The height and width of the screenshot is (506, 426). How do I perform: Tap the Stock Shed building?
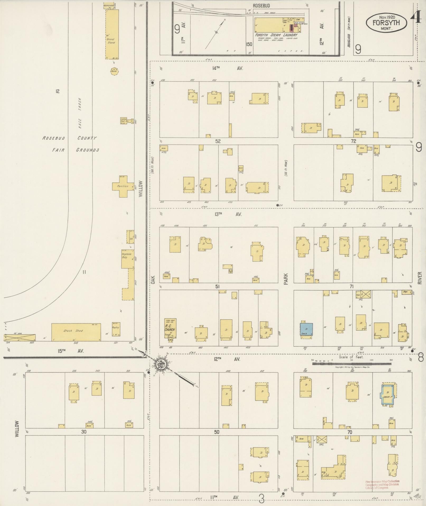pyautogui.click(x=76, y=332)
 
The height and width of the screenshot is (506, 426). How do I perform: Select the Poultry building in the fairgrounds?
pyautogui.click(x=116, y=329)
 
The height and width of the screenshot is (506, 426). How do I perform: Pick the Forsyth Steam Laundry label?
pyautogui.click(x=276, y=35)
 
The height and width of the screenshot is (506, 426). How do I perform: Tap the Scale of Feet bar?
pyautogui.click(x=351, y=364)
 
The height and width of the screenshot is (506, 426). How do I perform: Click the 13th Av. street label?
pyautogui.click(x=228, y=215)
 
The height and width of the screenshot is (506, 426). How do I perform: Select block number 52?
pyautogui.click(x=218, y=141)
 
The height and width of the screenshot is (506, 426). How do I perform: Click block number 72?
pyautogui.click(x=353, y=141)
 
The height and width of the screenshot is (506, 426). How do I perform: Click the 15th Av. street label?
pyautogui.click(x=70, y=351)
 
